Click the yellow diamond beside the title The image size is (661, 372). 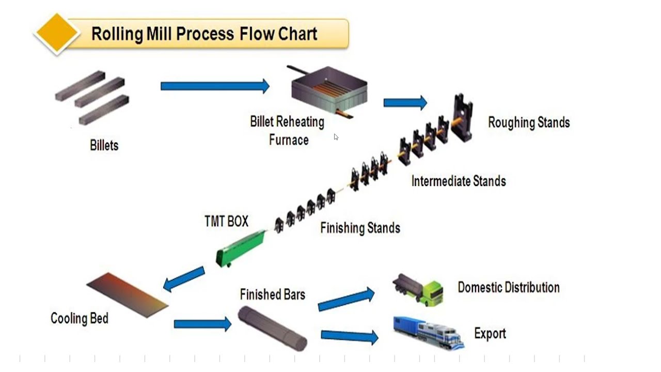tap(56, 33)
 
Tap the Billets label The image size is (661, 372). tap(104, 145)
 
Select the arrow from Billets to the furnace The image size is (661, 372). tap(215, 86)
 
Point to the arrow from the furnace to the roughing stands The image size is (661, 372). tap(405, 103)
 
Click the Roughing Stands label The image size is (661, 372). tap(529, 122)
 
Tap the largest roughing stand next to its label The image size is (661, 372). tap(462, 118)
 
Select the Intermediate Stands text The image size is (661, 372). tap(458, 181)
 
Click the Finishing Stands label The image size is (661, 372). tap(360, 228)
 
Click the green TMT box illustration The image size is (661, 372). tap(241, 249)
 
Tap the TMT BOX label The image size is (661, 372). tap(226, 221)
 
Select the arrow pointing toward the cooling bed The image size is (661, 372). tap(184, 278)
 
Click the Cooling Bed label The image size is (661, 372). tap(79, 318)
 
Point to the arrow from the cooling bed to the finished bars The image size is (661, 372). tap(202, 324)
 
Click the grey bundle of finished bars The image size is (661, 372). tap(273, 327)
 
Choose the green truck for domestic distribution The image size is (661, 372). tap(418, 290)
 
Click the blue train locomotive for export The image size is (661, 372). tap(429, 332)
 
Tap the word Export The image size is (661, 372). tap(490, 333)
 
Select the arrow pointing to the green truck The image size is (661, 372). tap(346, 299)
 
